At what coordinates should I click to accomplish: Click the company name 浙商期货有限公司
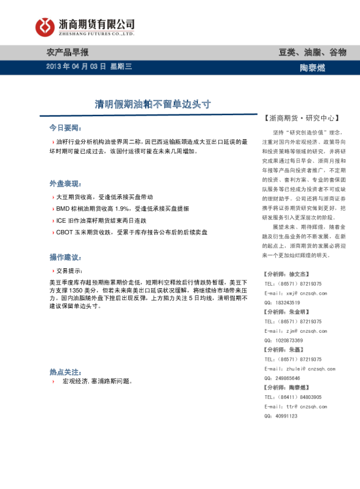point(96,24)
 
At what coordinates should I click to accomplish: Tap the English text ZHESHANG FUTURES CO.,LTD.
point(96,34)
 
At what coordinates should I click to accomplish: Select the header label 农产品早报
point(68,51)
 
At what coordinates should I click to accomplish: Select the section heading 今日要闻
point(65,128)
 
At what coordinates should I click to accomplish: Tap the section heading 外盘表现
point(65,183)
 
